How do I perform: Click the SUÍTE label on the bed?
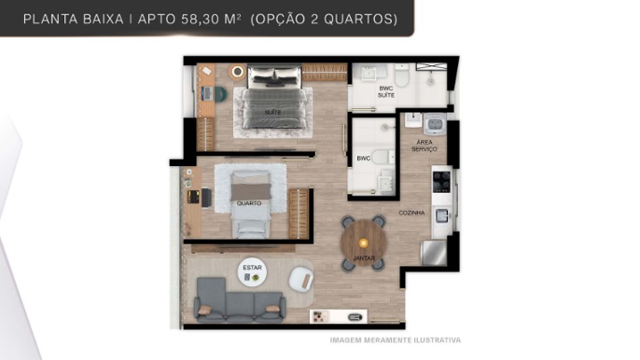[x=272, y=113]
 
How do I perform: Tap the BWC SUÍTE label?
[x=386, y=91]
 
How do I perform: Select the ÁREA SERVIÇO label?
[x=424, y=146]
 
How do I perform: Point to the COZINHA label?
[x=411, y=213]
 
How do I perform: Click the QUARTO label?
[x=249, y=203]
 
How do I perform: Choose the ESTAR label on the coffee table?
[x=253, y=268]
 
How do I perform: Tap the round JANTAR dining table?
[x=363, y=244]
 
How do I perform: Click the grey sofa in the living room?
[x=239, y=300]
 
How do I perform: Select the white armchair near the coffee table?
[x=301, y=279]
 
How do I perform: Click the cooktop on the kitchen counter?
[x=442, y=182]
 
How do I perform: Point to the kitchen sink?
[x=442, y=215]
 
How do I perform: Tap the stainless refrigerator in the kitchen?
[x=434, y=253]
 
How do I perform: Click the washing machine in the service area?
[x=435, y=123]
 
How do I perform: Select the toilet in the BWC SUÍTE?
[x=402, y=76]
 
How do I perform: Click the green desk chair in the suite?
[x=220, y=94]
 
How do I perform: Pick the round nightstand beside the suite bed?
[x=237, y=72]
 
